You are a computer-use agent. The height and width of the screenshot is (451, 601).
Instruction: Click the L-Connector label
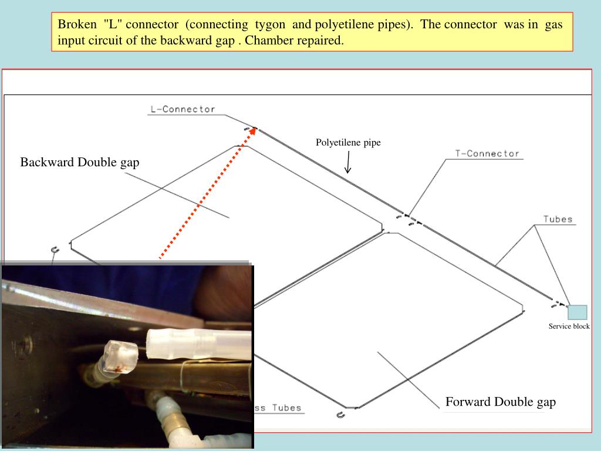(183, 109)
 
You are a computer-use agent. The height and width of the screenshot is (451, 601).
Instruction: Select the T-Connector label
(487, 154)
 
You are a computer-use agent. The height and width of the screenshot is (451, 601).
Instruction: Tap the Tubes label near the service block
(558, 220)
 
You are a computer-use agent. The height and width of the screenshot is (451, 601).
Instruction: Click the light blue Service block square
(578, 312)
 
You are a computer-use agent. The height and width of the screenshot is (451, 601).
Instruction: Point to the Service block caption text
(569, 327)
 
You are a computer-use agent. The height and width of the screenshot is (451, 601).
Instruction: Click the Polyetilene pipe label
(348, 142)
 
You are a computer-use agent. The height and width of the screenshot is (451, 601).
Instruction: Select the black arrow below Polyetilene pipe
(348, 162)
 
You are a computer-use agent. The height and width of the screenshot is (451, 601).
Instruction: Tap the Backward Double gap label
(80, 162)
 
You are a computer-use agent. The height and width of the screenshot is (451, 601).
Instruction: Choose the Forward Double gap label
(501, 402)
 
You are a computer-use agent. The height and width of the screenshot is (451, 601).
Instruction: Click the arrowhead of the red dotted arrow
(252, 131)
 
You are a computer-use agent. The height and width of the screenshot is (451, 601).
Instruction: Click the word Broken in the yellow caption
(77, 24)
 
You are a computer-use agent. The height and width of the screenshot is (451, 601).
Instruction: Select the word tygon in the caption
(270, 25)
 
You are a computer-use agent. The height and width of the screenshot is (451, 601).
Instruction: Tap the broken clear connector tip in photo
(121, 356)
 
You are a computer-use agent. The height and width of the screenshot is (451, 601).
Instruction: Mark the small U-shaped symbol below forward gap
(340, 415)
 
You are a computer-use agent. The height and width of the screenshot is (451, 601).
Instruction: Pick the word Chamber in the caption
(266, 41)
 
